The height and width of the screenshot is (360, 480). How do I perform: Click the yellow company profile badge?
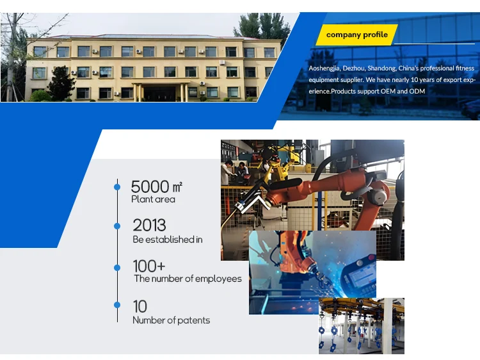pyautogui.click(x=357, y=35)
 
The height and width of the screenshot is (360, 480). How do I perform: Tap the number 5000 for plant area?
pyautogui.click(x=150, y=186)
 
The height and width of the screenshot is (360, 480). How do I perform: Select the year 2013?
pyautogui.click(x=149, y=225)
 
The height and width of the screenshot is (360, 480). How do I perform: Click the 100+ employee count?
pyautogui.click(x=149, y=266)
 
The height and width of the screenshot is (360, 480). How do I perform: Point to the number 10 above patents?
pyautogui.click(x=140, y=306)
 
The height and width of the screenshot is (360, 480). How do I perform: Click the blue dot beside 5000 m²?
pyautogui.click(x=117, y=187)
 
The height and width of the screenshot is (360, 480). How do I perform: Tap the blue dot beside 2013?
pyautogui.click(x=117, y=226)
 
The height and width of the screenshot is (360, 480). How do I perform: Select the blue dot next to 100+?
pyautogui.click(x=117, y=268)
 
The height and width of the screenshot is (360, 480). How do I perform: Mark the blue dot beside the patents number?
pyautogui.click(x=117, y=305)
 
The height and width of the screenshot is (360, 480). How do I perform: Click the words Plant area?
pyautogui.click(x=153, y=199)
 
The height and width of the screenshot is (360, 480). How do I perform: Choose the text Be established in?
pyautogui.click(x=168, y=240)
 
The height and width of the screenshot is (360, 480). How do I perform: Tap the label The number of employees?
pyautogui.click(x=188, y=279)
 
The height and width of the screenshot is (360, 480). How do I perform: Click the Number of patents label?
pyautogui.click(x=171, y=320)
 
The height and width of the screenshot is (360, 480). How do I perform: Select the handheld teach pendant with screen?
pyautogui.click(x=358, y=275)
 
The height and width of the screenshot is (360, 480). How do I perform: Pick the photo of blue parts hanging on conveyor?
pyautogui.click(x=362, y=326)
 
